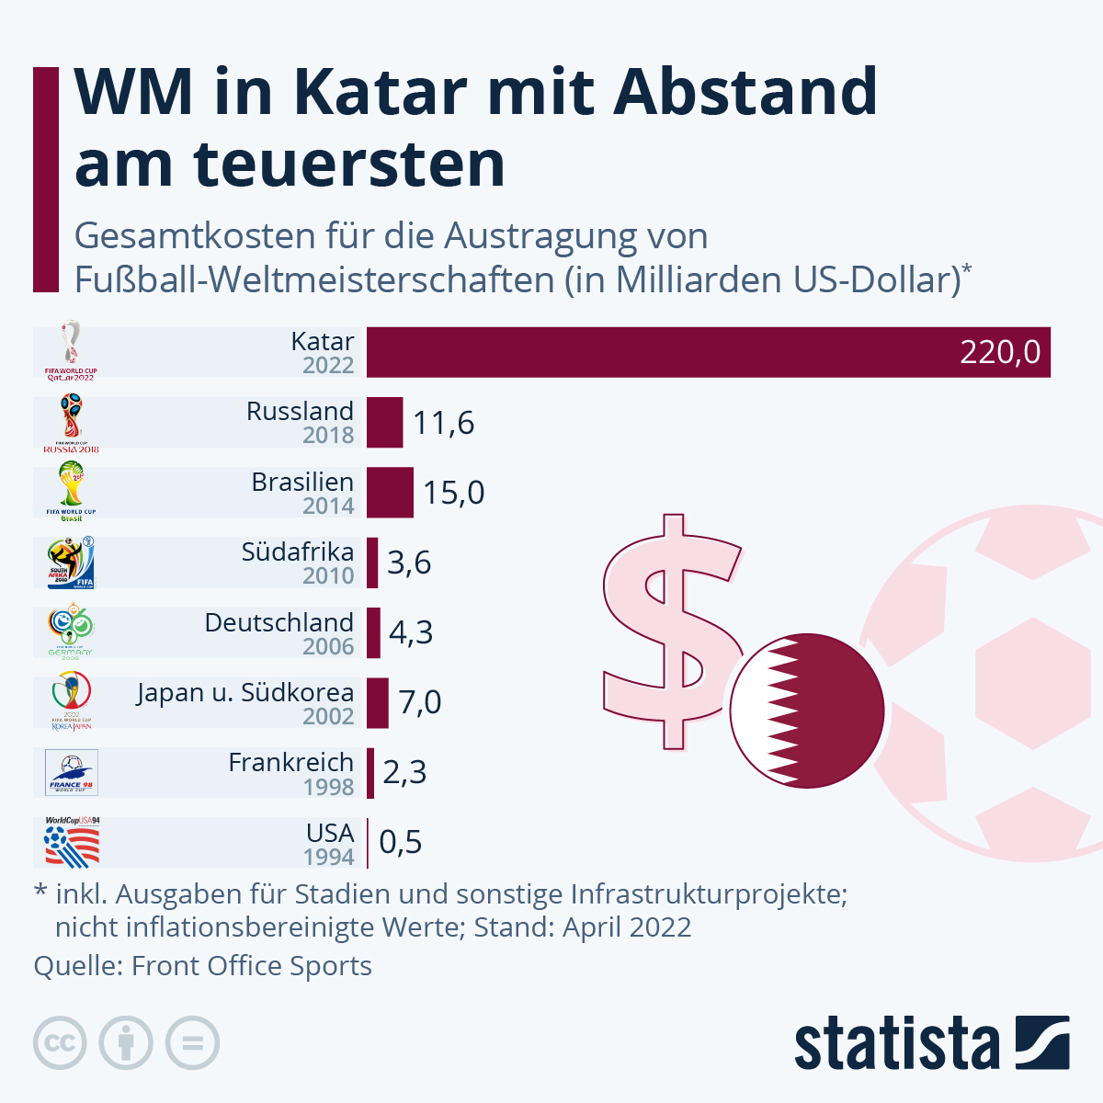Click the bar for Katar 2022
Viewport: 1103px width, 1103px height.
coord(708,352)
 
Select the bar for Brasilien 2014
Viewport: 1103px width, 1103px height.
coord(390,493)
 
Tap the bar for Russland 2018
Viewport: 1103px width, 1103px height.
coord(384,423)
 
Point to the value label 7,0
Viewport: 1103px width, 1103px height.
coord(420,703)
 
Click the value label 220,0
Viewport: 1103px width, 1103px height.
coord(1000,352)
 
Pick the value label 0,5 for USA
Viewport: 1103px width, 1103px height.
coord(401,843)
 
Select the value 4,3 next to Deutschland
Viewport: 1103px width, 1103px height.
coord(411,633)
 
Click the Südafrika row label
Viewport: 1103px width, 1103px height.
coord(297,552)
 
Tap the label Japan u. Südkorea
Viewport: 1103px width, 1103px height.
coord(245,693)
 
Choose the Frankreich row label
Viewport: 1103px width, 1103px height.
coord(290,763)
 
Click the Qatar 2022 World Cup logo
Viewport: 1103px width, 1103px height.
coord(71,351)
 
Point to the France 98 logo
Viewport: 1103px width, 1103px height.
coord(72,772)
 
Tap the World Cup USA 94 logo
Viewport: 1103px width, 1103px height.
coord(72,842)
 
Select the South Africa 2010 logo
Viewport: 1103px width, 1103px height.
coord(72,563)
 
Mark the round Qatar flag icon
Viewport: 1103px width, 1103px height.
coord(807,710)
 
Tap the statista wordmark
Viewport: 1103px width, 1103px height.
coord(896,1044)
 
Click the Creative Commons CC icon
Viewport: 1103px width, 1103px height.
coord(60,1043)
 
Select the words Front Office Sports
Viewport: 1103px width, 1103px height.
coord(251,966)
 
